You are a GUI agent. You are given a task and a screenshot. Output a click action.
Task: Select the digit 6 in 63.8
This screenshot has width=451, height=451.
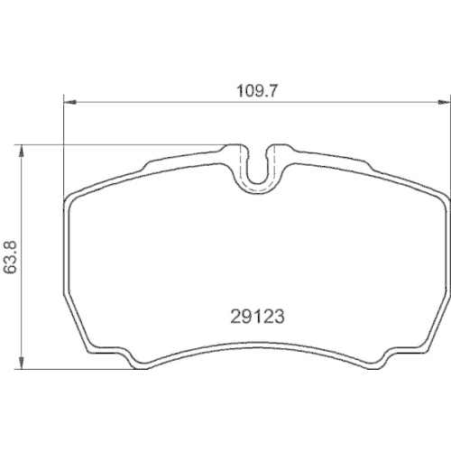(11, 271)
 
